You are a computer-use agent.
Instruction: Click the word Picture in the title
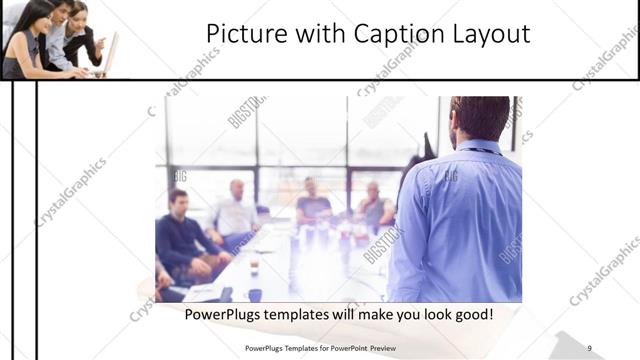tap(241, 34)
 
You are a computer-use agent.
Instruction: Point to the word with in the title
tap(316, 34)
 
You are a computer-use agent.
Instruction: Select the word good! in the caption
tap(469, 315)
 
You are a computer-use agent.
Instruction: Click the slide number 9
tap(589, 348)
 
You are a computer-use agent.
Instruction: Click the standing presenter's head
tap(481, 119)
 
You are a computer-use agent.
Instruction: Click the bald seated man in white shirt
tap(237, 211)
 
